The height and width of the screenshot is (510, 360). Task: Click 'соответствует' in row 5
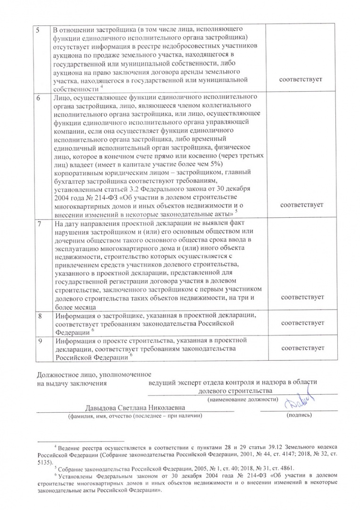(x=301, y=80)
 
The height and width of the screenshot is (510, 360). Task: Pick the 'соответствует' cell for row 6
(x=301, y=205)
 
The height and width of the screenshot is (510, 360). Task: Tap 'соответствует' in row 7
(x=301, y=297)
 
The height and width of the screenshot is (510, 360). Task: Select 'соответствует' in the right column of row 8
(x=301, y=323)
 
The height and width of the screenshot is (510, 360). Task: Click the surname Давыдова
(x=102, y=408)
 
